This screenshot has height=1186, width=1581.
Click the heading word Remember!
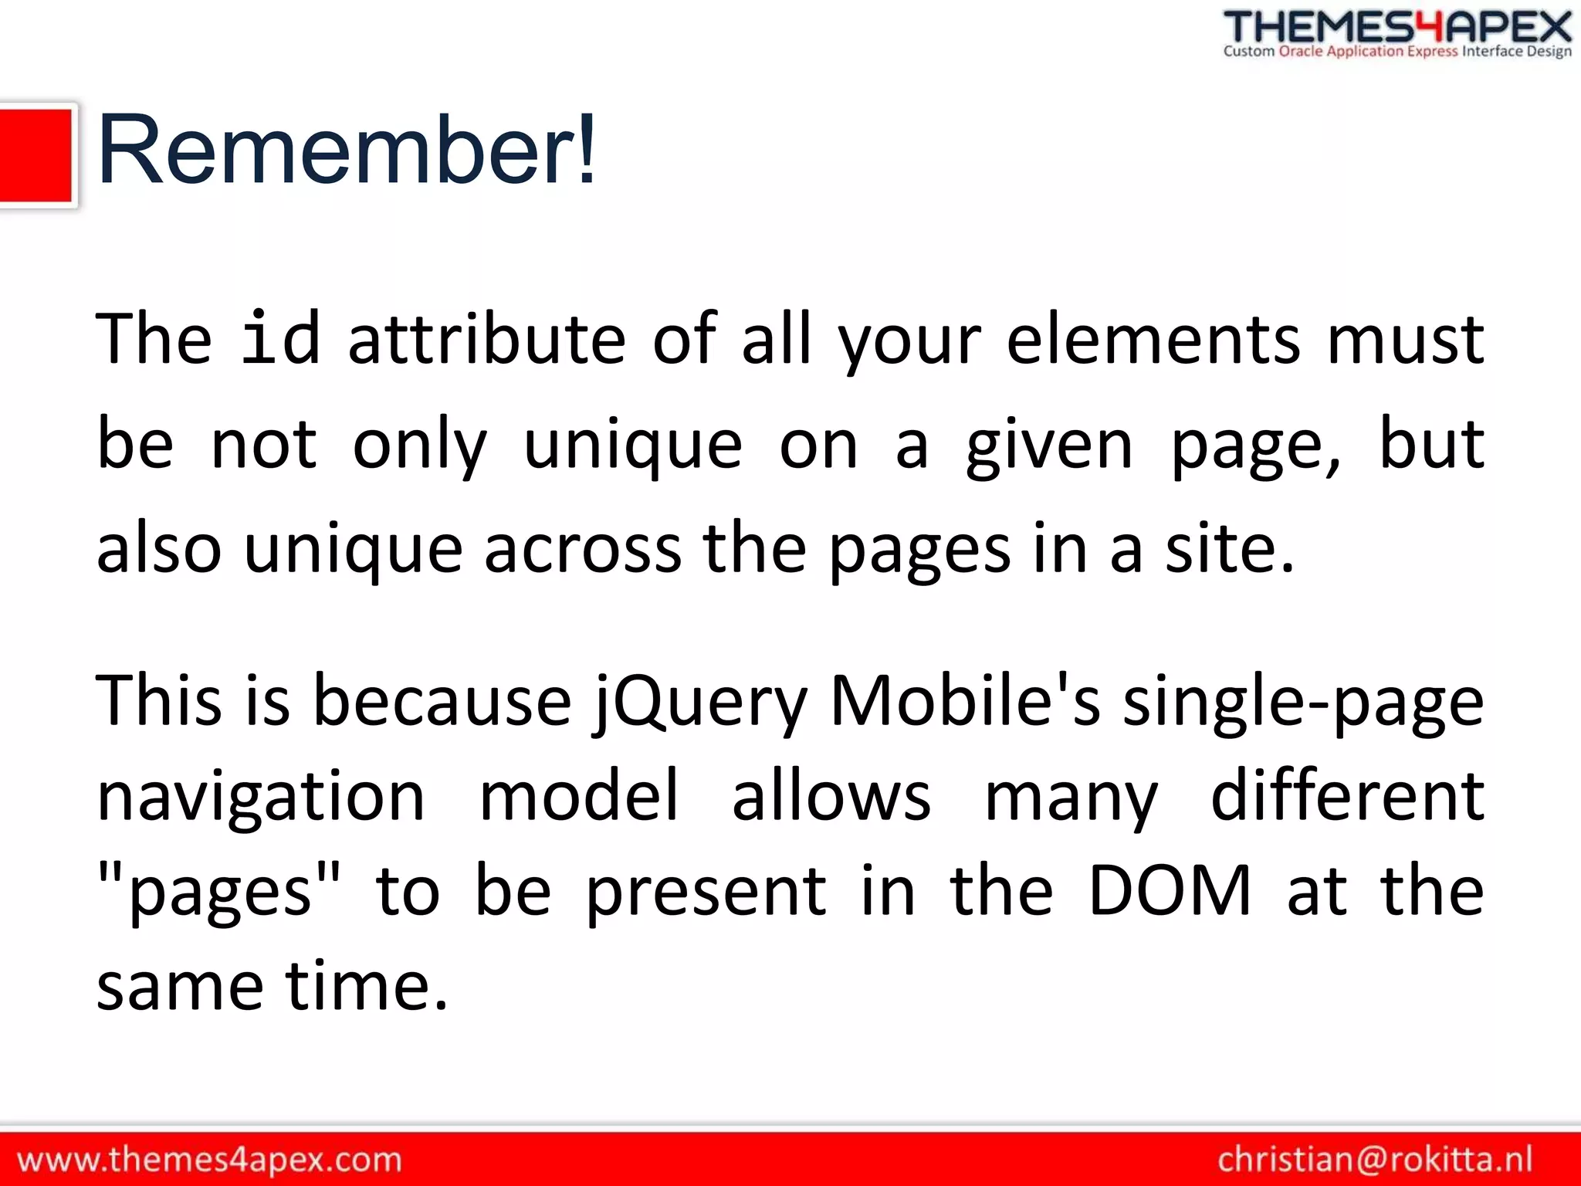coord(347,151)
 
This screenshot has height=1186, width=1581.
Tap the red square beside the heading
coord(36,155)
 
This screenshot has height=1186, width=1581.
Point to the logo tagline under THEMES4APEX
coord(1397,52)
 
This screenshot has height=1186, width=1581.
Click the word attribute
coord(486,340)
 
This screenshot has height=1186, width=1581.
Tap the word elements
coord(1153,340)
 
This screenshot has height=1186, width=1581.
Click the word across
coord(583,550)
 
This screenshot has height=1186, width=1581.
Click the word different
coord(1347,795)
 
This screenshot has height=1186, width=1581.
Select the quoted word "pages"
coord(219,892)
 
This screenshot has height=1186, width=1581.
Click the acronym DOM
coord(1170,891)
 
